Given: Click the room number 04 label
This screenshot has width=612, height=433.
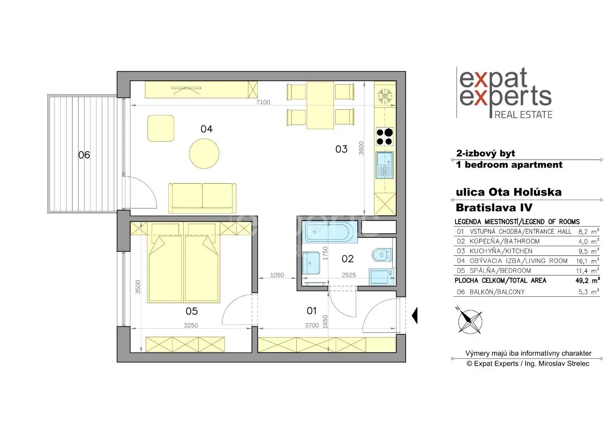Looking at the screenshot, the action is pyautogui.click(x=207, y=129).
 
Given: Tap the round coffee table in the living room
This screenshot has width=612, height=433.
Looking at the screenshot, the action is pyautogui.click(x=204, y=154).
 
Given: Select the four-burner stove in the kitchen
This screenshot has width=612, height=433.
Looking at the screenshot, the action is pyautogui.click(x=385, y=136).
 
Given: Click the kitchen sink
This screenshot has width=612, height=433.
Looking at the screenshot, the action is pyautogui.click(x=385, y=165).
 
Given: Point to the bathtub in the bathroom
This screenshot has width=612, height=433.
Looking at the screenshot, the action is pyautogui.click(x=330, y=232).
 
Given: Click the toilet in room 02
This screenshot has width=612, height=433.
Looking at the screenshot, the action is pyautogui.click(x=382, y=255).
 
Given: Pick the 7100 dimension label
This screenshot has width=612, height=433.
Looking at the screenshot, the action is pyautogui.click(x=263, y=102).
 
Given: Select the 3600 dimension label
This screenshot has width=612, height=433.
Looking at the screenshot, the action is pyautogui.click(x=361, y=148).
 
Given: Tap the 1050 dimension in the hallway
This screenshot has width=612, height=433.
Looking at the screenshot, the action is pyautogui.click(x=277, y=275).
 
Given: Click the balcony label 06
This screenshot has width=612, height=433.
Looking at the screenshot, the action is pyautogui.click(x=84, y=155).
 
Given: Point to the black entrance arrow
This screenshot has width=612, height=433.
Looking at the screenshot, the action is pyautogui.click(x=415, y=316).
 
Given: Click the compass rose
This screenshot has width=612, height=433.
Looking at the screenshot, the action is pyautogui.click(x=470, y=322).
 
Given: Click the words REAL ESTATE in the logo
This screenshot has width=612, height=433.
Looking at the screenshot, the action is pyautogui.click(x=523, y=115).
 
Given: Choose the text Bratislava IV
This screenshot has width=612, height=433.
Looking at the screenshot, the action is pyautogui.click(x=494, y=208).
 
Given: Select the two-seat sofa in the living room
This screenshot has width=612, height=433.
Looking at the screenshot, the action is pyautogui.click(x=202, y=198).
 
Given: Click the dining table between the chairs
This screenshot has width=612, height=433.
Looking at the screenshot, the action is pyautogui.click(x=320, y=105).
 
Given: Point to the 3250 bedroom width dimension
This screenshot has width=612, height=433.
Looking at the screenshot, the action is pyautogui.click(x=191, y=326).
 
